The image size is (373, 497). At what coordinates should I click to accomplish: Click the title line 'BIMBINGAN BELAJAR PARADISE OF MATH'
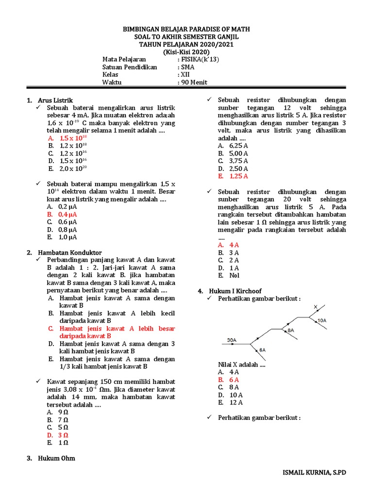[x=186, y=30]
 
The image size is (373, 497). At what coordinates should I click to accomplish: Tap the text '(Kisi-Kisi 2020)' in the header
[x=186, y=52]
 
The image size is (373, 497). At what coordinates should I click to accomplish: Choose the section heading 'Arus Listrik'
[x=55, y=99]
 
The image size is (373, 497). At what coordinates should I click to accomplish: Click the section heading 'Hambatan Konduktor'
[x=70, y=252]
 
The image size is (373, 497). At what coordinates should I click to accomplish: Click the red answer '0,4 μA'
[x=68, y=214]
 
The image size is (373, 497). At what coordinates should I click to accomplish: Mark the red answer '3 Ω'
[x=64, y=435]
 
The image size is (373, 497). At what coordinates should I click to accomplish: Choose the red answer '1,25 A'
[x=238, y=176]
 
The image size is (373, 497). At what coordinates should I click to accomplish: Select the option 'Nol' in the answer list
[x=235, y=275]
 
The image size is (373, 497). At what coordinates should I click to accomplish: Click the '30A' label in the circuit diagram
[x=232, y=340]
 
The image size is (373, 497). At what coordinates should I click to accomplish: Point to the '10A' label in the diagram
[x=322, y=320]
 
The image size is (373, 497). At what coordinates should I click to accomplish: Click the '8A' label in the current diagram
[x=291, y=330]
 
